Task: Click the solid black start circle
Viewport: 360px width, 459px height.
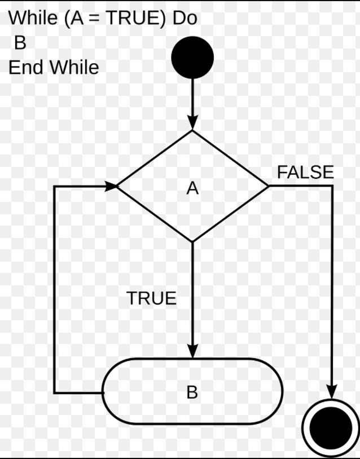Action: (x=192, y=57)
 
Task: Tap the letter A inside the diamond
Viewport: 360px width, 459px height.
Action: (x=192, y=188)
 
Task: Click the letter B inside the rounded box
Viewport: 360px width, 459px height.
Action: (x=192, y=392)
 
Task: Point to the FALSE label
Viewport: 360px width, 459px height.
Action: (x=305, y=173)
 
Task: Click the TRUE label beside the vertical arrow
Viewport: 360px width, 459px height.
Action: (x=151, y=298)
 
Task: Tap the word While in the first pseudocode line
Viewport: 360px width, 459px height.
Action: (x=33, y=18)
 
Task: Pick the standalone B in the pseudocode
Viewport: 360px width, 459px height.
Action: (x=20, y=43)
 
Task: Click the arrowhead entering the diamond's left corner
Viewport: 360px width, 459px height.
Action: (x=110, y=186)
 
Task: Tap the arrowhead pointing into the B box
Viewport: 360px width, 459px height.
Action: (x=192, y=351)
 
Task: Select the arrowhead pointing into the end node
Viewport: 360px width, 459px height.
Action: (x=331, y=390)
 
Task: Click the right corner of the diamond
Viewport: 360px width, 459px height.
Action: (x=269, y=186)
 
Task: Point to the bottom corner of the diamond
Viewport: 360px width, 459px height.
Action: (x=192, y=241)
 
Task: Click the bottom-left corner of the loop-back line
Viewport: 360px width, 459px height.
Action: (x=55, y=392)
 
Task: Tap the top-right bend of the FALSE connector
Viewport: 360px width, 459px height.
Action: (x=331, y=186)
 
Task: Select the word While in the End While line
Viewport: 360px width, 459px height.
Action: (x=74, y=68)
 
